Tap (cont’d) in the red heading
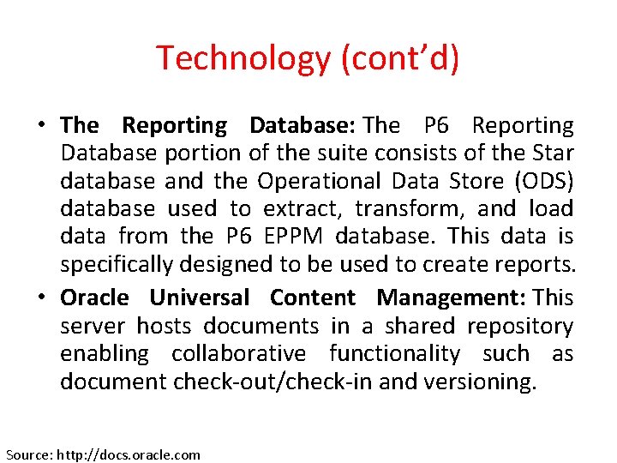click(x=401, y=58)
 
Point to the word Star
click(x=553, y=153)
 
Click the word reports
click(x=532, y=264)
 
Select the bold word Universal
click(x=200, y=298)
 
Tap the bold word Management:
click(x=452, y=298)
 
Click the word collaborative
click(x=238, y=353)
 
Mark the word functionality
click(x=395, y=353)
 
